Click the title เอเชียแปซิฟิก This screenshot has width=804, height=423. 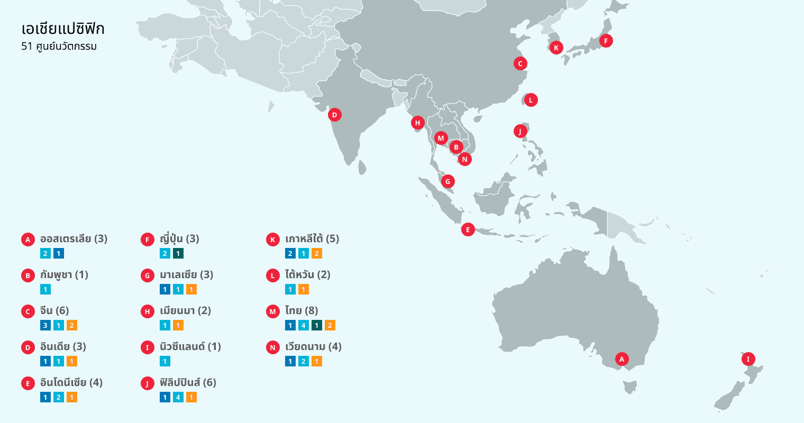(63, 29)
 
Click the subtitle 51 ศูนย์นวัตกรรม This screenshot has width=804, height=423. (59, 47)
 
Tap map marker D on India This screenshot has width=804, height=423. (334, 115)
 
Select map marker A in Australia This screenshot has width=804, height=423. (622, 360)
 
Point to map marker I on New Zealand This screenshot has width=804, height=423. (748, 359)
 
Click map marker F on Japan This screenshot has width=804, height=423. (606, 41)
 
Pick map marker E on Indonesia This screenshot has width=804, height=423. (468, 229)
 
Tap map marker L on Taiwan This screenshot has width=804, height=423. (531, 100)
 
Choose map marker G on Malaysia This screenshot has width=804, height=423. (448, 181)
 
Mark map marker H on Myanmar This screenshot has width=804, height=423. (418, 123)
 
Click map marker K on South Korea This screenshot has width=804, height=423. (556, 48)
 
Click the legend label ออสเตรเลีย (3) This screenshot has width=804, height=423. (74, 239)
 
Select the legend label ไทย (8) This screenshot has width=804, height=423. (301, 311)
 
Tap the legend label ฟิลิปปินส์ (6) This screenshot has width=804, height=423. (188, 383)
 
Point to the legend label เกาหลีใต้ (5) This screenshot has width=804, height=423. (312, 239)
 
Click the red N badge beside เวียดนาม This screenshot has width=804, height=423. (273, 347)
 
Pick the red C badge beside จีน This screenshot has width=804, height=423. (28, 311)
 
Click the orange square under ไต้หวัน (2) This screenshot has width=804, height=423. (304, 289)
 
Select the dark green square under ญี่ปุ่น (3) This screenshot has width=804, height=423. (178, 253)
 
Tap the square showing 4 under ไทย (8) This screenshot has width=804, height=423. (304, 325)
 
